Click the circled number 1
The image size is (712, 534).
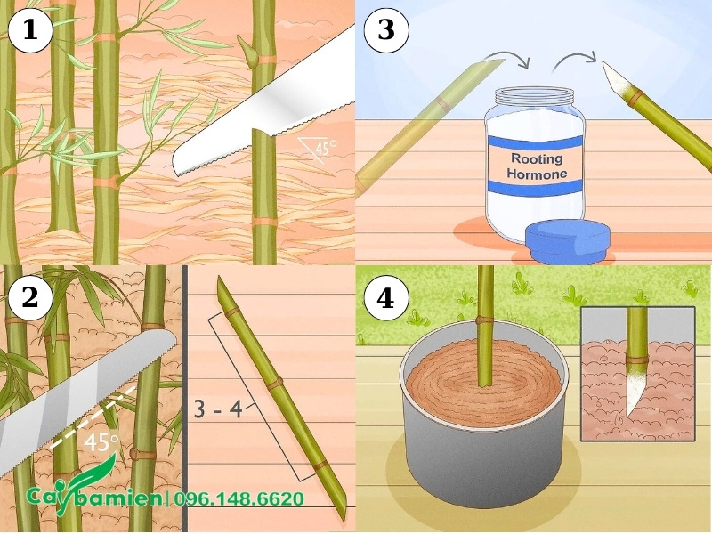click(30, 30)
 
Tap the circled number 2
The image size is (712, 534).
click(30, 298)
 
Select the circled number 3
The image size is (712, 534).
click(386, 30)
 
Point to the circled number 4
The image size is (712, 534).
click(386, 299)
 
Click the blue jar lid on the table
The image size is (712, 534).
click(568, 241)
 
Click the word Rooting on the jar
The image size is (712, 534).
click(537, 158)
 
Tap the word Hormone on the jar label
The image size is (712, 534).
click(537, 174)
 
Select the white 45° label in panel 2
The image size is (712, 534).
click(101, 442)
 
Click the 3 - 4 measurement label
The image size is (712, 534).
click(217, 409)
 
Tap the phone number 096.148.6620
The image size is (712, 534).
click(239, 499)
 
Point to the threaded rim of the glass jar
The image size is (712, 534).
click(534, 96)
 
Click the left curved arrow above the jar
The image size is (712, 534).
click(509, 58)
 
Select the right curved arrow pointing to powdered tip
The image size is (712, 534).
click(574, 60)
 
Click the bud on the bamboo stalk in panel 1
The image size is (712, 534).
click(247, 50)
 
